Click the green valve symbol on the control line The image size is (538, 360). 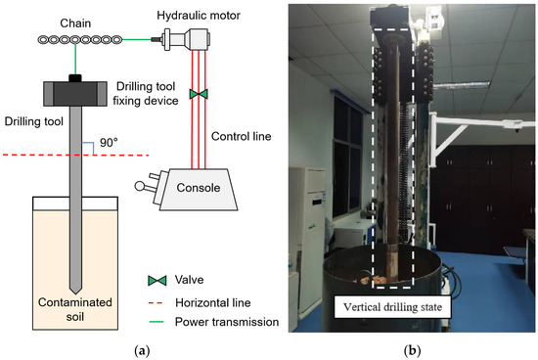click(x=200, y=94)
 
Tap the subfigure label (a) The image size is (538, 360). click(x=133, y=348)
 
